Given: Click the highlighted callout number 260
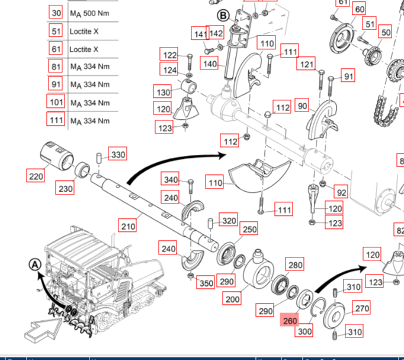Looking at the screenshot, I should click(290, 321).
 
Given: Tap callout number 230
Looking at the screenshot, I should click(65, 189).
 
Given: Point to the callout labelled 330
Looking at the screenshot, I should click(118, 155).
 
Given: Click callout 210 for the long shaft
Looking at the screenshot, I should click(128, 226).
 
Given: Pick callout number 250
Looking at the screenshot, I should click(249, 230).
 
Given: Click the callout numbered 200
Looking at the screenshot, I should click(233, 299).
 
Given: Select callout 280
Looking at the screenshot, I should click(294, 265).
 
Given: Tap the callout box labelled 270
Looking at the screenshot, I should click(361, 308).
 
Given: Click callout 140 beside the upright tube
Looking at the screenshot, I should click(210, 63).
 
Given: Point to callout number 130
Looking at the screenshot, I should click(163, 92).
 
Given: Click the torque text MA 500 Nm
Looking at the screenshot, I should click(90, 14).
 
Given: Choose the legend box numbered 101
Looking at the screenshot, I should click(56, 102).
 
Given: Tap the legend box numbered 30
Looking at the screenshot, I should click(56, 14).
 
